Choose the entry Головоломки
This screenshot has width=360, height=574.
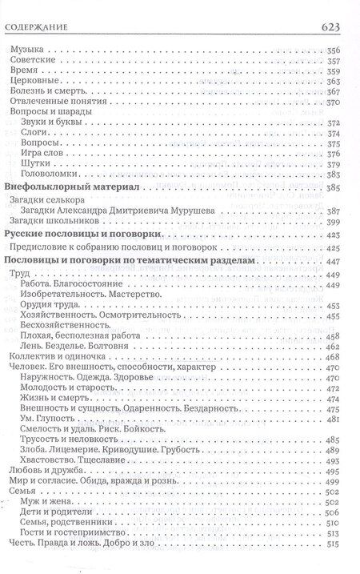coord(54,175)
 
